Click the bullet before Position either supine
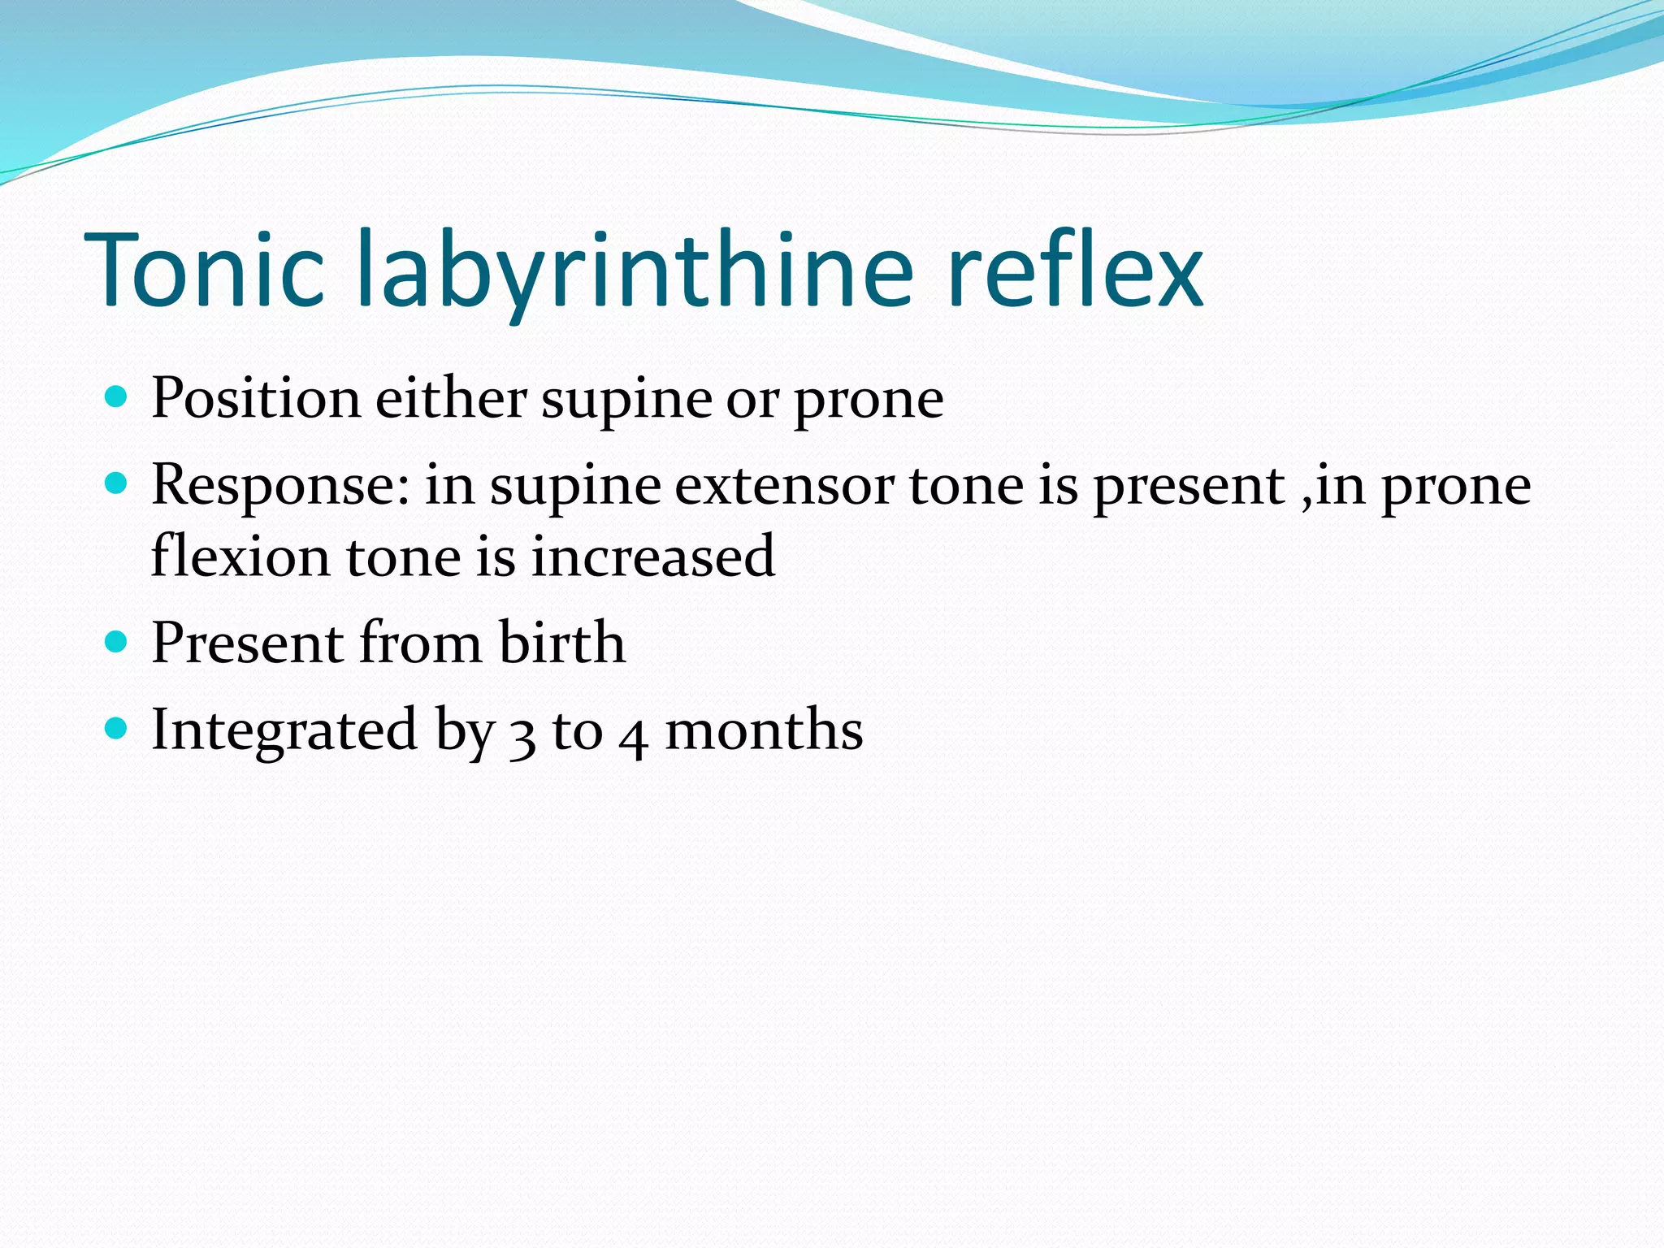coord(117,397)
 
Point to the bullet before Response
coord(117,484)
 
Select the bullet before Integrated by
coord(117,729)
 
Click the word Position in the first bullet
coord(256,399)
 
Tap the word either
coord(450,399)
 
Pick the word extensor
coord(784,486)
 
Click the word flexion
coord(240,557)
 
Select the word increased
coord(652,557)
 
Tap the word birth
coord(561,643)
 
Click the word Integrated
coord(284,730)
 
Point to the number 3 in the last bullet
coord(522,735)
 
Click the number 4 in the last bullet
coord(633,735)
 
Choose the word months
coord(764,730)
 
